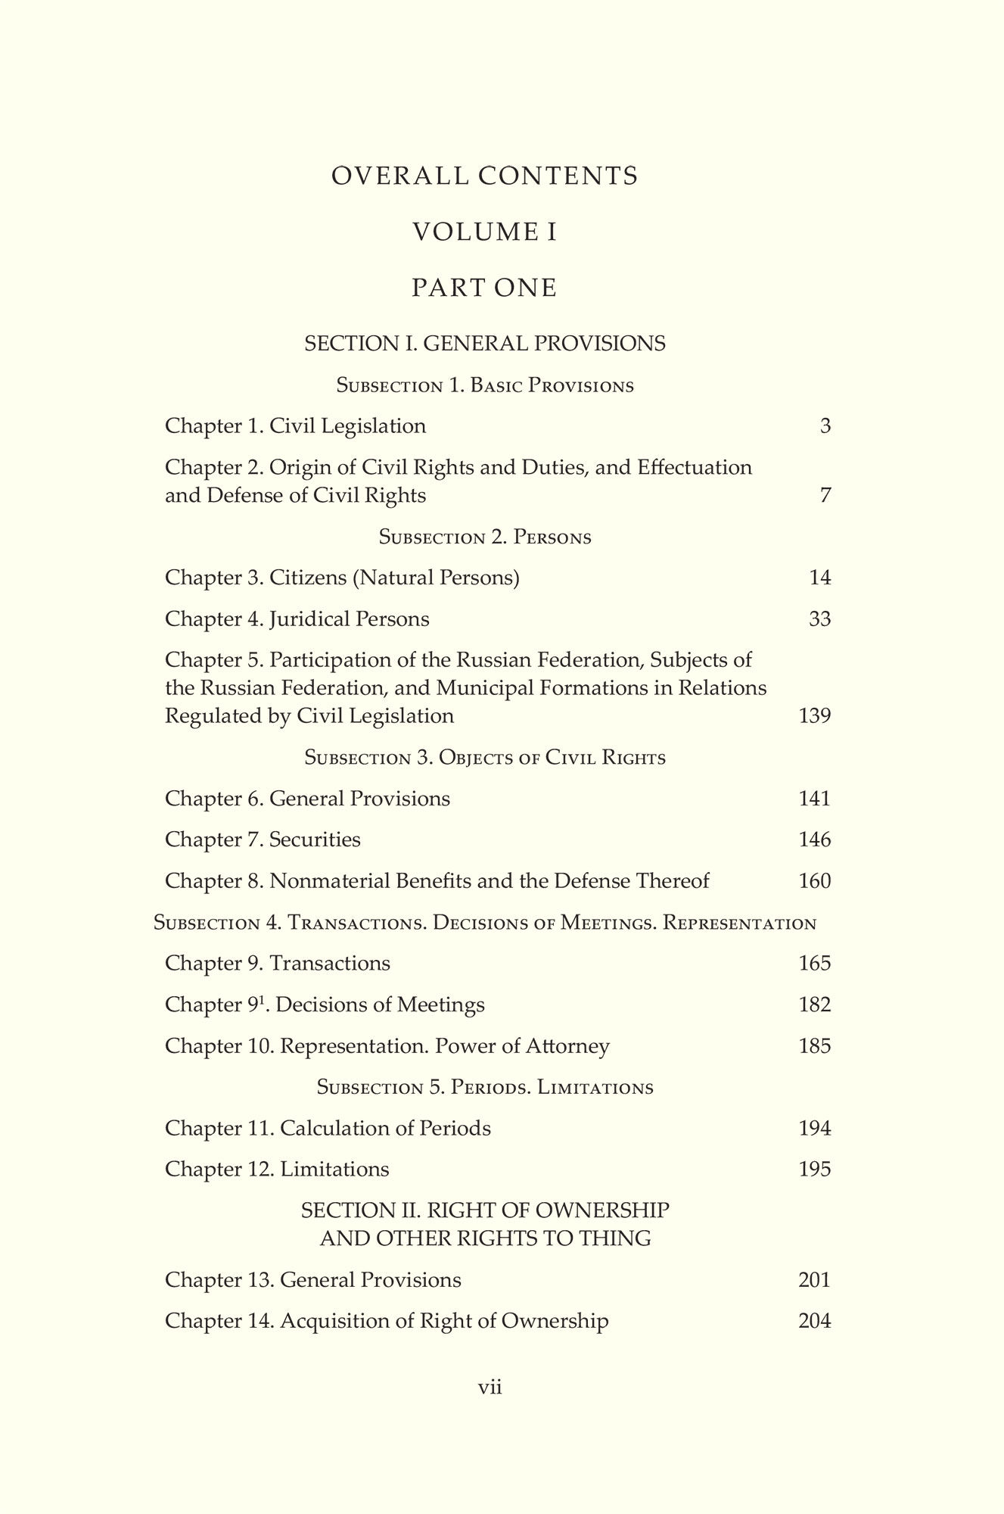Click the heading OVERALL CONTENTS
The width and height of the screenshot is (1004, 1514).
click(485, 176)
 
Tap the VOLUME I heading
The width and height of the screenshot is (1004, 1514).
click(485, 232)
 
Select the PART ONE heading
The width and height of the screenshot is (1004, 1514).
click(485, 288)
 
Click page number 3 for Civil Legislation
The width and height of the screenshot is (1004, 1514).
click(825, 426)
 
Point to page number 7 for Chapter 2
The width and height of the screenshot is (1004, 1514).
click(825, 496)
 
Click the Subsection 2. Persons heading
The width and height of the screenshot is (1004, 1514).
click(485, 537)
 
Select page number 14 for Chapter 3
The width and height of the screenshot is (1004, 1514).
click(820, 578)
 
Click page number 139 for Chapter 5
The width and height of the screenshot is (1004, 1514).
click(815, 716)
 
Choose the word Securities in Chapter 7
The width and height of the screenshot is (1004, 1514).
click(315, 840)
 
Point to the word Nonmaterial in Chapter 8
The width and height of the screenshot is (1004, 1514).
click(329, 881)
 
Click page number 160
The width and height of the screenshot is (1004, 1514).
click(815, 881)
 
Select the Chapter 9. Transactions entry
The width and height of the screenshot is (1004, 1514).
click(278, 964)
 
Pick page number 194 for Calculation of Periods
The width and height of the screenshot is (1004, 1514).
click(815, 1129)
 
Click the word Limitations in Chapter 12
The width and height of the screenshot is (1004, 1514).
click(334, 1170)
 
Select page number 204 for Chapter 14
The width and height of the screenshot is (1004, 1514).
click(815, 1321)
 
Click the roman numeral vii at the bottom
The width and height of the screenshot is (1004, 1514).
click(490, 1388)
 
